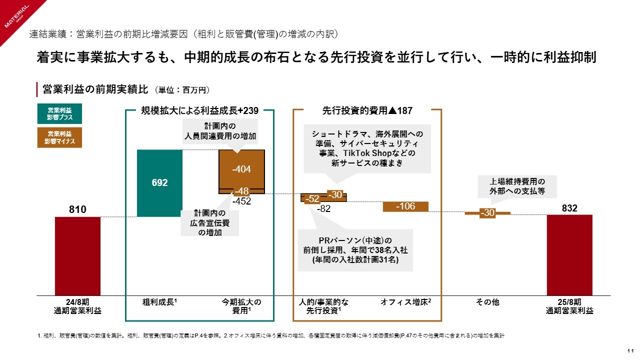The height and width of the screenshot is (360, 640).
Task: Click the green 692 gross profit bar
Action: coord(159,183)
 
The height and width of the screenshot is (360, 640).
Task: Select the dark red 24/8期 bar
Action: coord(77,256)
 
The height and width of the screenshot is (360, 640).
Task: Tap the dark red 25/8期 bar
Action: coord(570,255)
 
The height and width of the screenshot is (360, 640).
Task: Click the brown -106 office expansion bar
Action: coord(405,206)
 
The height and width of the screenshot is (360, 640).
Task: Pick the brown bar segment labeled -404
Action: coord(241,169)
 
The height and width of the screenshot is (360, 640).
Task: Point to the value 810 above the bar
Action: coord(77,209)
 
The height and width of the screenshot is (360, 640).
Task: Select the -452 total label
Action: coord(241,201)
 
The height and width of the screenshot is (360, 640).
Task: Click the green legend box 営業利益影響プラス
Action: coord(59,113)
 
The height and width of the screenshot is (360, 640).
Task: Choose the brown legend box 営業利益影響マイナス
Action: coord(59,137)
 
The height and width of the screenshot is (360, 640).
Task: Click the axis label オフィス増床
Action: coord(405,302)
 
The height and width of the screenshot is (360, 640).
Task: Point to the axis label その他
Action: coord(487,302)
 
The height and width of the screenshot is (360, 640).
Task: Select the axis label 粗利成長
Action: coord(159,302)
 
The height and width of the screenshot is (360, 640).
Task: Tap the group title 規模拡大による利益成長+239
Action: coord(199,110)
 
